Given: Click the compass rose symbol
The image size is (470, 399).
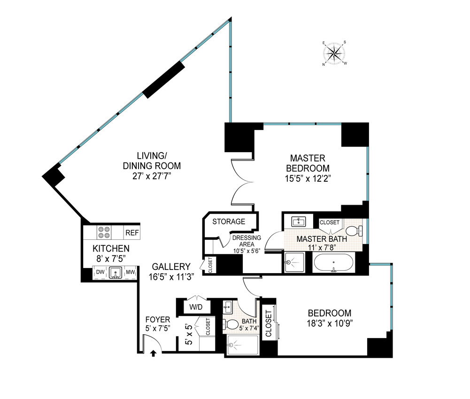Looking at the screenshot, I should click(335, 53).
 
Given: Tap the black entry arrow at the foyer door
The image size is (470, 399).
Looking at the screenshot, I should click(153, 354).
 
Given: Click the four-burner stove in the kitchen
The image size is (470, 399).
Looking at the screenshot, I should click(104, 232).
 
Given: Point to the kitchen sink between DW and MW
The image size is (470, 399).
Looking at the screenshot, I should click(116, 273).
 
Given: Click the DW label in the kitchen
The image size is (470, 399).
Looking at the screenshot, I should click(100, 272).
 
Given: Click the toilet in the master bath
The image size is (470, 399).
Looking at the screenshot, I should click(354, 230).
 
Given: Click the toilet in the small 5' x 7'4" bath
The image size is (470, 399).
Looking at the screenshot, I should click(231, 324).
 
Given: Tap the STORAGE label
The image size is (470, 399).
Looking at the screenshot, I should click(229, 222).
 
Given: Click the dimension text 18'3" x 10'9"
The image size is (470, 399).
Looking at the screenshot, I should click(329, 323).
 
